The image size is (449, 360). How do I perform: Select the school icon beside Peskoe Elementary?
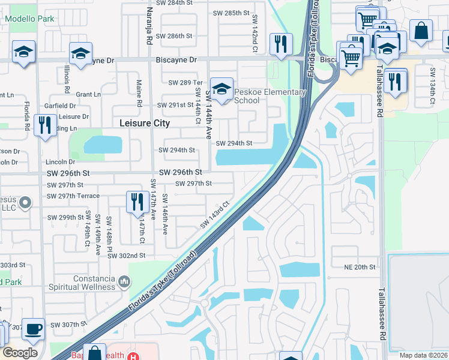click(x=221, y=91)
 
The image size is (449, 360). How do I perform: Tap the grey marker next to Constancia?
click(x=124, y=280)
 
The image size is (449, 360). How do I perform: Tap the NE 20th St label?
click(x=360, y=267)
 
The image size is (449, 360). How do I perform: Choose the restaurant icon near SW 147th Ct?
click(x=137, y=202)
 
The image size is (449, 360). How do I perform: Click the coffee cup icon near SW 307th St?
click(x=33, y=328)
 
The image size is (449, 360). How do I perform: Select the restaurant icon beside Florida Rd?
click(x=45, y=125)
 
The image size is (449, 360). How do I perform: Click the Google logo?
click(x=20, y=352)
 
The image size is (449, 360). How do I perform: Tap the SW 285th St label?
click(x=231, y=13)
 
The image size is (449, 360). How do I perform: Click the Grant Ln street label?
click(x=88, y=95)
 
